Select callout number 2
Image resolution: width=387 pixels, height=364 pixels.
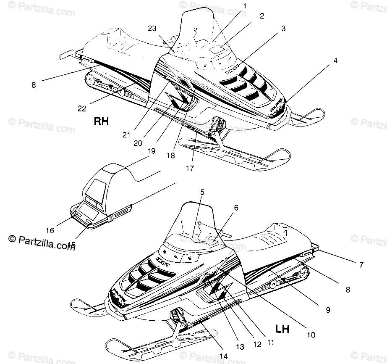coord(262,16)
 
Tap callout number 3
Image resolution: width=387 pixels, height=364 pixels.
coord(284,29)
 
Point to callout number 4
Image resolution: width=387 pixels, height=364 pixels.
coord(335,60)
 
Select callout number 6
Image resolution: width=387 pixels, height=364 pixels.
coord(236,207)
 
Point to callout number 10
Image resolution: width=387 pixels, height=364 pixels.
coord(311,335)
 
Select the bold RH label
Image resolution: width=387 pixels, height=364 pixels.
coord(101,122)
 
